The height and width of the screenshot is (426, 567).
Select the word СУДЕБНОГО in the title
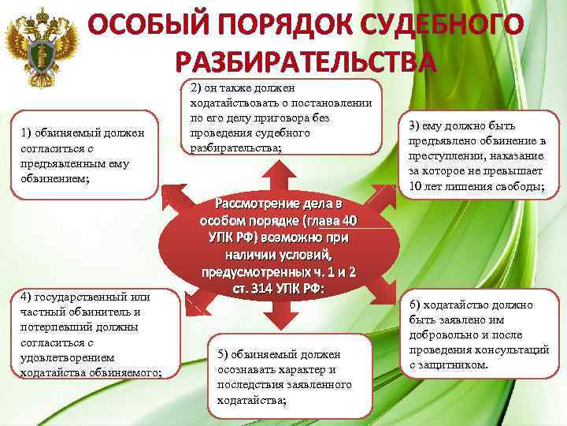pos(444,26)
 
